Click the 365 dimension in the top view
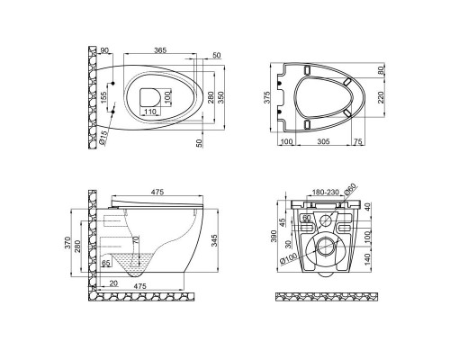[160, 50]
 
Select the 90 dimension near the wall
[104, 50]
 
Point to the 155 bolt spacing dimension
[103, 98]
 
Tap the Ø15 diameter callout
[103, 138]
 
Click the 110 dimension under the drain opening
[150, 112]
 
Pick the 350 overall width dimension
[220, 97]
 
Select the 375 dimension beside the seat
[267, 97]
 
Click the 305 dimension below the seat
[323, 141]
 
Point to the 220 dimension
[381, 97]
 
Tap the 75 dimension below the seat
[358, 141]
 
